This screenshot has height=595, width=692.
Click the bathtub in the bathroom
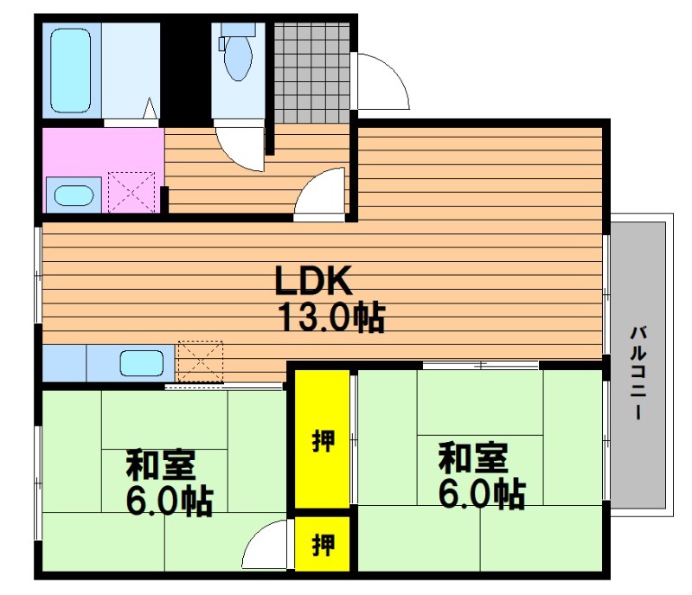pyautogui.click(x=71, y=71)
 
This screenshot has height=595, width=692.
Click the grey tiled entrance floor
pyautogui.click(x=312, y=73)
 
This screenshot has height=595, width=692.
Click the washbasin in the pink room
pyautogui.click(x=74, y=195)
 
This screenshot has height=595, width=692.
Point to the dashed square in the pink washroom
pyautogui.click(x=131, y=193)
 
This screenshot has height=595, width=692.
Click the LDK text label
pyautogui.click(x=314, y=280)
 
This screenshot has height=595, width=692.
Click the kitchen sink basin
pyautogui.click(x=142, y=363)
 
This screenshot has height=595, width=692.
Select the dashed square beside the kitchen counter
pyautogui.click(x=200, y=361)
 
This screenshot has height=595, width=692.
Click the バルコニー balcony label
pyautogui.click(x=638, y=372)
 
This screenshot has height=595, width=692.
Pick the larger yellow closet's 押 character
pyautogui.click(x=324, y=440)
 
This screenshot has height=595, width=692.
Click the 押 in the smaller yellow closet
pyautogui.click(x=324, y=544)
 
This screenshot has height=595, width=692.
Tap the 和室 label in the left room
pyautogui.click(x=161, y=464)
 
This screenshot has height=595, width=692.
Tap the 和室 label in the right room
pyautogui.click(x=473, y=458)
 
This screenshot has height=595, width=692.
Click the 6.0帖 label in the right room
pyautogui.click(x=482, y=494)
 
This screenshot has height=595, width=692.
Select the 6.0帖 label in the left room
pyautogui.click(x=170, y=501)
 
